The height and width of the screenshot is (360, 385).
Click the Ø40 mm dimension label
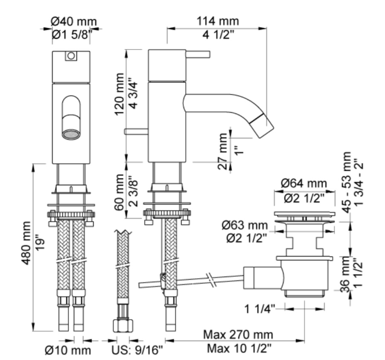point(74,22)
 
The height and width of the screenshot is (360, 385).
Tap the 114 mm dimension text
point(218,21)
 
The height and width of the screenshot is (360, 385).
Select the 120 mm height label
point(120,94)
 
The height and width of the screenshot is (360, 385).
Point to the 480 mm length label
point(26,243)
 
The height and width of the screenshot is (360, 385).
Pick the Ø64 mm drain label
point(304,183)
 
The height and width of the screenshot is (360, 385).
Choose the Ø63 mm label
point(245,225)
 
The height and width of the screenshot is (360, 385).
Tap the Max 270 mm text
point(238,335)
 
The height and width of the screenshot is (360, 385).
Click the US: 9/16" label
point(137,350)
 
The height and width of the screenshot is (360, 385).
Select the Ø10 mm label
point(68,351)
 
